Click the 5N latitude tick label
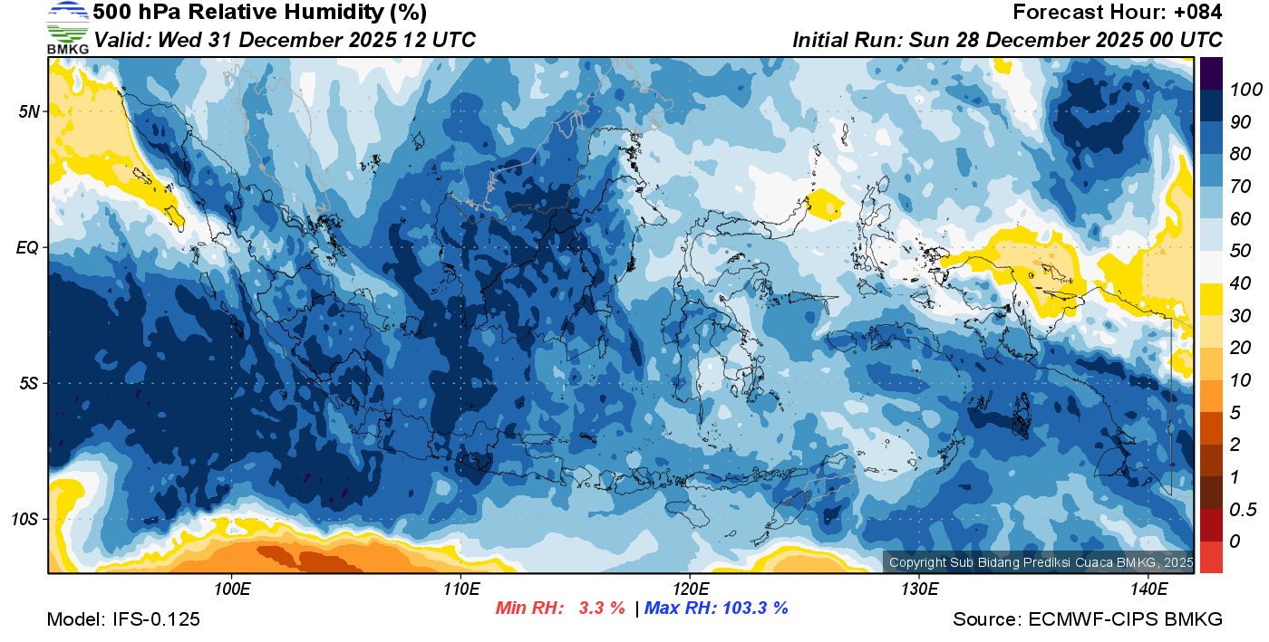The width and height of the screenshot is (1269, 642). pos(30,111)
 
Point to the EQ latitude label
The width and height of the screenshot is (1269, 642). pos(29,247)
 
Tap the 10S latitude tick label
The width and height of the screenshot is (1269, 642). pos(25,519)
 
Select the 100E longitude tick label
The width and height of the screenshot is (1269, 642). pos(232,589)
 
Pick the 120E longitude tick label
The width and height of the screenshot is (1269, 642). pos(690,589)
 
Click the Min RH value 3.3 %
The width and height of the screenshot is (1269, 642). pos(602,608)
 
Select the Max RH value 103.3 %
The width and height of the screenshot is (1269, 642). pos(752,608)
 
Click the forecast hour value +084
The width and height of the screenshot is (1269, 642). pos(1195,13)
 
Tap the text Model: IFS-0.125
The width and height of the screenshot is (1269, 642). pos(123,619)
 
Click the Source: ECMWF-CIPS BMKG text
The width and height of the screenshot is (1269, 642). pos(1088,619)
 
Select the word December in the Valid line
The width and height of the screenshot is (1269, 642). pos(294,40)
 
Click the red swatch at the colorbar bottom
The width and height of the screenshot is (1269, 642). pos(1210,556)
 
